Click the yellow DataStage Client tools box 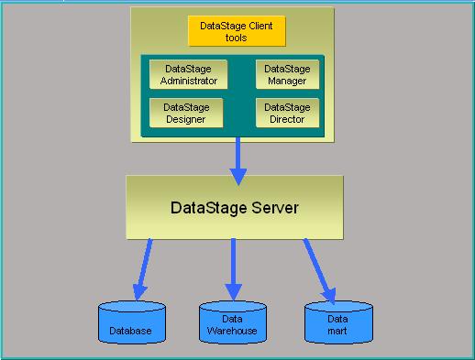pyautogui.click(x=237, y=31)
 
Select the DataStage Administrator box pyautogui.click(x=188, y=74)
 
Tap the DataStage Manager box pyautogui.click(x=287, y=74)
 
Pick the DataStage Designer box pyautogui.click(x=186, y=113)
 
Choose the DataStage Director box pyautogui.click(x=287, y=113)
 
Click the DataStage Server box pyautogui.click(x=235, y=207)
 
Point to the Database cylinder pyautogui.click(x=132, y=322)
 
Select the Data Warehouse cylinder pyautogui.click(x=233, y=322)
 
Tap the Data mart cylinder pyautogui.click(x=338, y=322)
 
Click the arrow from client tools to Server pyautogui.click(x=238, y=161)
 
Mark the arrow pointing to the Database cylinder pyautogui.click(x=142, y=269)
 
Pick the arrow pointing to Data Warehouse pyautogui.click(x=234, y=269)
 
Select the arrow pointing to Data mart pyautogui.click(x=320, y=271)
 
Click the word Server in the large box pyautogui.click(x=275, y=208)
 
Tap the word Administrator pyautogui.click(x=189, y=81)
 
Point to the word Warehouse pyautogui.click(x=232, y=331)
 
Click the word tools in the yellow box pyautogui.click(x=236, y=38)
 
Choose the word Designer pyautogui.click(x=186, y=119)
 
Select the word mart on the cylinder pyautogui.click(x=337, y=331)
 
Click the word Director pyautogui.click(x=287, y=119)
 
